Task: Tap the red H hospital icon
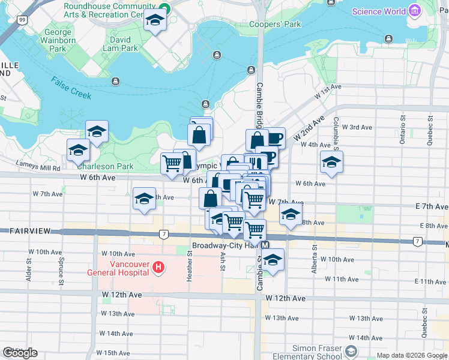[x=158, y=267]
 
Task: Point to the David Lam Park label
[x=120, y=44]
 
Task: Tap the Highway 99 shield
[x=22, y=20]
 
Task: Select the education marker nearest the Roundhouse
[x=155, y=22]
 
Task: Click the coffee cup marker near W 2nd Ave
[x=274, y=139]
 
